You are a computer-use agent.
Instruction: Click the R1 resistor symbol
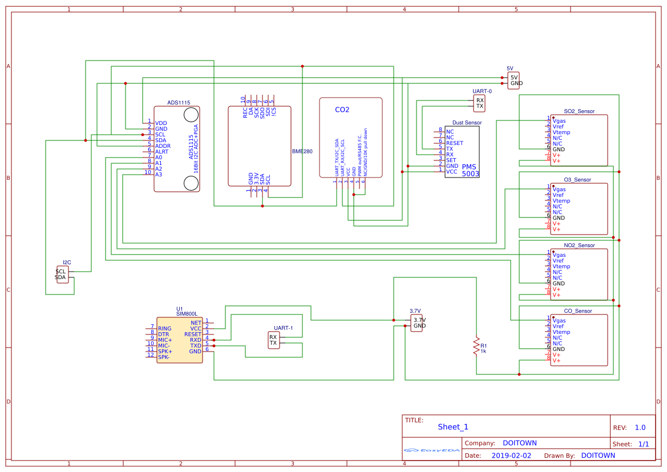coord(475,345)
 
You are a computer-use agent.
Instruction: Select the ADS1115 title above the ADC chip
coord(179,103)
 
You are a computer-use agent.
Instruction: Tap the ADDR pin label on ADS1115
coord(163,146)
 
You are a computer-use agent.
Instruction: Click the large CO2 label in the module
coord(342,110)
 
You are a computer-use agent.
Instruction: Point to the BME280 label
coord(302,152)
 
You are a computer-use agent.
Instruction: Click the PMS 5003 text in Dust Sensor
coord(470,170)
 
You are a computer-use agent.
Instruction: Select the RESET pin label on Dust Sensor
coord(455,143)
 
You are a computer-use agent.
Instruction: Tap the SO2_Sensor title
coord(579,111)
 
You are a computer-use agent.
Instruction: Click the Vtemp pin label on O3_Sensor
coord(561,201)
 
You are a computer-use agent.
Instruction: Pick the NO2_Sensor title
coord(579,245)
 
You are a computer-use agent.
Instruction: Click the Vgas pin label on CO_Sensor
coord(559,321)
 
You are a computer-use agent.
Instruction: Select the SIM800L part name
coord(187,314)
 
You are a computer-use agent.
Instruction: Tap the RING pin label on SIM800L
coord(164,329)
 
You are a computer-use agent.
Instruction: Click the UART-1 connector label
coord(283,328)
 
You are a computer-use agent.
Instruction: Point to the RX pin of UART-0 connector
coord(480,100)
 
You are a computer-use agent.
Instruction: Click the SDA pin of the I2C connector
coord(60,277)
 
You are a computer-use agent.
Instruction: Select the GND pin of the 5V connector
coord(516,83)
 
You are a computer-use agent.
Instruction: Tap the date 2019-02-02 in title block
coord(511,455)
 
